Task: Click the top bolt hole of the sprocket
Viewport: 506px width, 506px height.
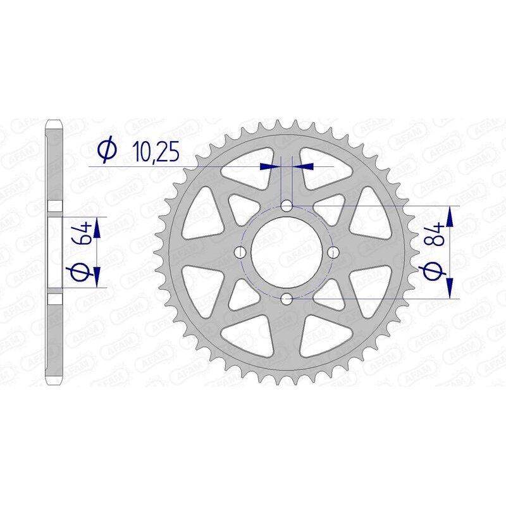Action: click(287, 206)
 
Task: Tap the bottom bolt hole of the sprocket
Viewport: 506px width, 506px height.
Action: click(287, 298)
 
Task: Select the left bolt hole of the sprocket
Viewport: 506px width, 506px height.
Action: click(240, 252)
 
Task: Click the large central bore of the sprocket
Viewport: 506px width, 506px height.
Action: click(287, 252)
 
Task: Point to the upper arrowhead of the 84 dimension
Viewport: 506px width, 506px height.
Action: click(450, 216)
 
